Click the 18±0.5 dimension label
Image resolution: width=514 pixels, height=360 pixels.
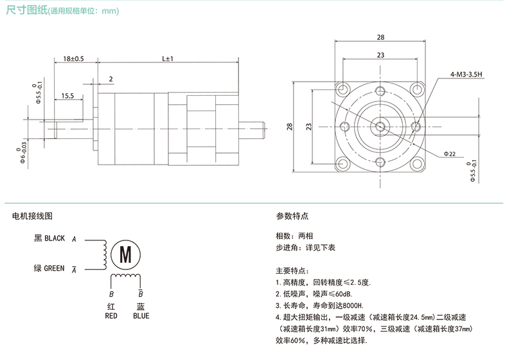[x=74, y=59]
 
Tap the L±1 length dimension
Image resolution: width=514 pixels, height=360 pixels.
[x=168, y=59]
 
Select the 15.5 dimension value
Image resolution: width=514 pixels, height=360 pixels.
[x=67, y=96]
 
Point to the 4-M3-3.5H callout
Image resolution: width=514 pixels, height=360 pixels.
[x=466, y=75]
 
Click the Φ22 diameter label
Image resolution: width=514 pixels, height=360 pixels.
[x=449, y=154]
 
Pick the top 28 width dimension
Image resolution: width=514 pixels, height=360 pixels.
[x=380, y=37]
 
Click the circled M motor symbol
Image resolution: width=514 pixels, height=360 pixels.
[x=126, y=254]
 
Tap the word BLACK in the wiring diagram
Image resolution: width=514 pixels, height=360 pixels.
[x=55, y=239]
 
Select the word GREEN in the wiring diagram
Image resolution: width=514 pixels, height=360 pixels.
[x=54, y=268]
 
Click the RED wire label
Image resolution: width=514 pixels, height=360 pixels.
[x=111, y=316]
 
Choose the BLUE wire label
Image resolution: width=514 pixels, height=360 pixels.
[x=141, y=316]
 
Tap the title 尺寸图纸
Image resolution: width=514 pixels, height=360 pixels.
[x=23, y=11]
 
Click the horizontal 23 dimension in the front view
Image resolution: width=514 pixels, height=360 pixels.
[x=380, y=56]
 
